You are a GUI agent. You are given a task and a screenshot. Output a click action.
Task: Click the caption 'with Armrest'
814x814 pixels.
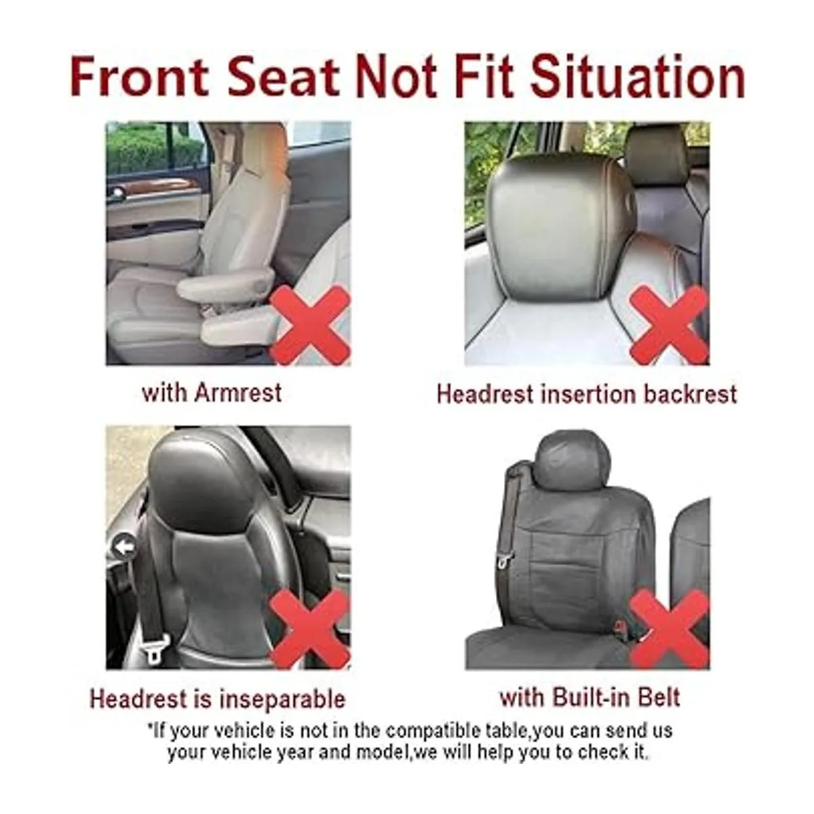[211, 392]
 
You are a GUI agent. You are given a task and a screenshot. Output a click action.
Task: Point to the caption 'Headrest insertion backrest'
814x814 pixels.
[586, 393]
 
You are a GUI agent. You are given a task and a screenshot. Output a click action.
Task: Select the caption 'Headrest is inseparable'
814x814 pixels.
[218, 698]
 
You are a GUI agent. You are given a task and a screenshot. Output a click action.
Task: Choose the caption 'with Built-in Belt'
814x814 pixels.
[589, 697]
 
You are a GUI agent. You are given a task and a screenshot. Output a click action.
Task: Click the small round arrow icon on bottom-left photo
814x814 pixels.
[123, 547]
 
